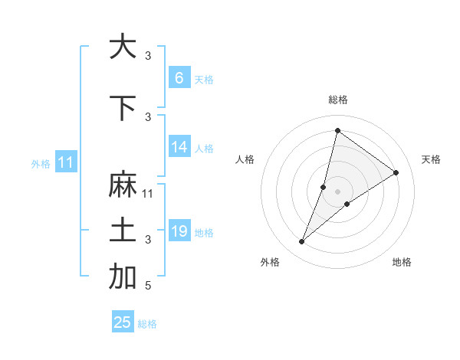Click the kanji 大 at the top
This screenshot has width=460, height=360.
pyautogui.click(x=122, y=47)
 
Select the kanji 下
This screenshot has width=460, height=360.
pyautogui.click(x=122, y=108)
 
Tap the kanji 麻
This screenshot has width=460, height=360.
pyautogui.click(x=122, y=185)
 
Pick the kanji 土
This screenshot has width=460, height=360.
pyautogui.click(x=122, y=231)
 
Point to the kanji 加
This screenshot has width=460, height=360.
pyautogui.click(x=122, y=277)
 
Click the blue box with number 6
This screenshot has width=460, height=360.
pyautogui.click(x=179, y=78)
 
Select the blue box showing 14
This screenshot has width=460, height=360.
pyautogui.click(x=179, y=148)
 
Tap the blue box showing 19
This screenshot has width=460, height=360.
pyautogui.click(x=179, y=231)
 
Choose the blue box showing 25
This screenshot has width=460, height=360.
pyautogui.click(x=123, y=322)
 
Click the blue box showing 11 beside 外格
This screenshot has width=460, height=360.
pyautogui.click(x=65, y=162)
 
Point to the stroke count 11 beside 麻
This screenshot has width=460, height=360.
pyautogui.click(x=148, y=194)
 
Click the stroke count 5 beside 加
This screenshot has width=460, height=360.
pyautogui.click(x=148, y=286)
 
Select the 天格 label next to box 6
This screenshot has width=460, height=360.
pyautogui.click(x=204, y=80)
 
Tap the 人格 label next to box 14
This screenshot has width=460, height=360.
pyautogui.click(x=204, y=149)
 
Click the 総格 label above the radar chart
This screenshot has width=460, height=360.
pyautogui.click(x=337, y=100)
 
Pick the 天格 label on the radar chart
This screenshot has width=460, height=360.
pyautogui.click(x=431, y=159)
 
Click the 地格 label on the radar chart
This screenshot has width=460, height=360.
pyautogui.click(x=402, y=262)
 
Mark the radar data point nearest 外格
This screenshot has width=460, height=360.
pyautogui.click(x=302, y=242)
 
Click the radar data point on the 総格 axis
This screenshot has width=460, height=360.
pyautogui.click(x=337, y=131)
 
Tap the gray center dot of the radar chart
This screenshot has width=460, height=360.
pyautogui.click(x=337, y=191)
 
